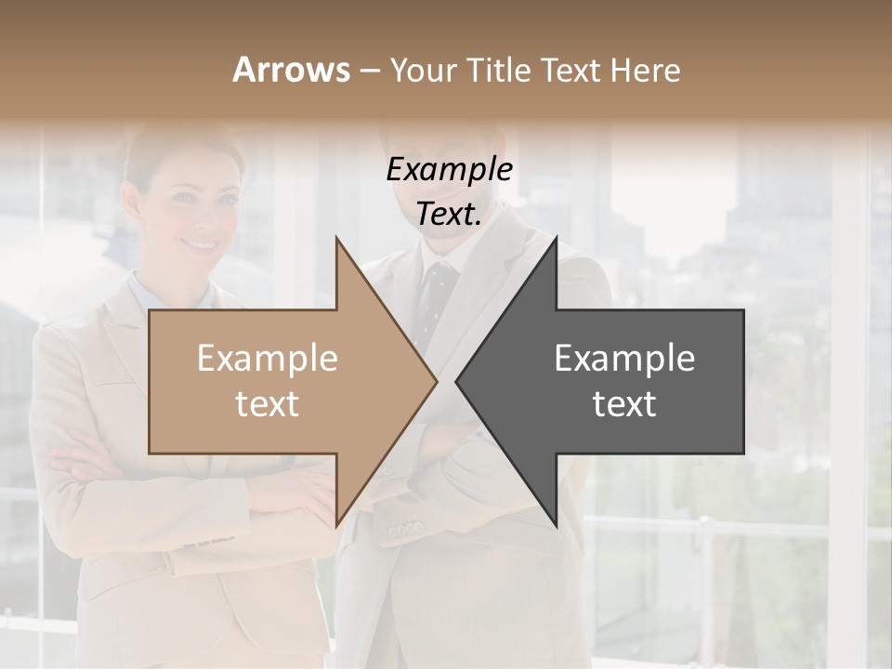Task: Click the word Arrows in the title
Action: (x=291, y=70)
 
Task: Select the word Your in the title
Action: (x=424, y=71)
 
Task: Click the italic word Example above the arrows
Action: (x=449, y=170)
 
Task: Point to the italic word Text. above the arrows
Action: (x=449, y=215)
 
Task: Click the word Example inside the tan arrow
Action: (x=268, y=358)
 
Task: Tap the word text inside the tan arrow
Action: (x=268, y=404)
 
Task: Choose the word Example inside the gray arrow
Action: (x=624, y=358)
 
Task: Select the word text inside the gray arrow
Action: (x=624, y=404)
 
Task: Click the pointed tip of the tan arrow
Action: (x=437, y=381)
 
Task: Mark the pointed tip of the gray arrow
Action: (x=457, y=381)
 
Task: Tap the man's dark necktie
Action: (x=432, y=297)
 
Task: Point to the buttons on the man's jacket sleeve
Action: (x=405, y=531)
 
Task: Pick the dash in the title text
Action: (x=369, y=72)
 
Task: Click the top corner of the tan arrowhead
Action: (x=336, y=238)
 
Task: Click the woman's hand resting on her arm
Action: (x=307, y=492)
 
